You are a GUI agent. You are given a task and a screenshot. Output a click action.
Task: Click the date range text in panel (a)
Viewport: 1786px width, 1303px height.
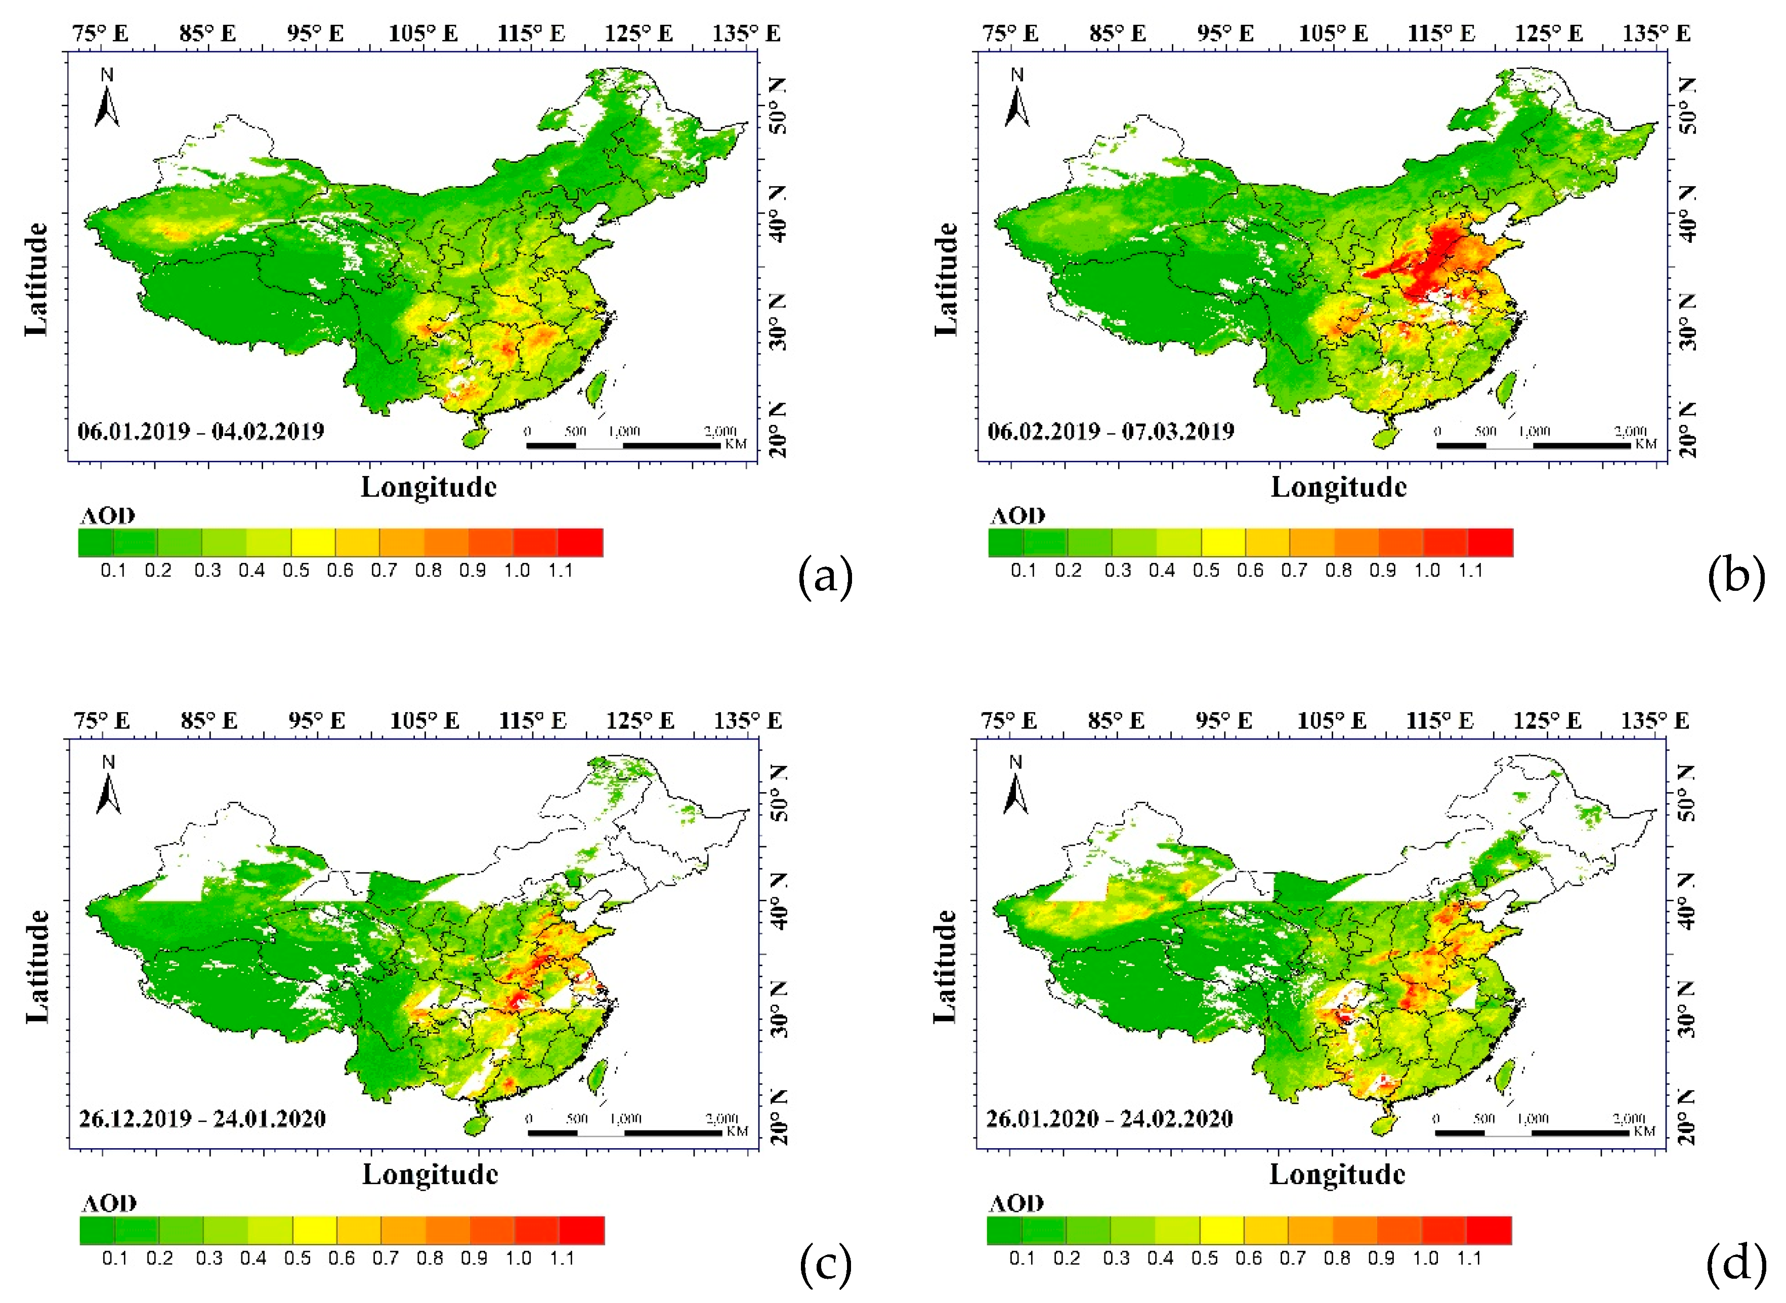201,431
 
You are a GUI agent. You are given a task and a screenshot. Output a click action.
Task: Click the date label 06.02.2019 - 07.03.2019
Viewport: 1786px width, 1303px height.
1111,431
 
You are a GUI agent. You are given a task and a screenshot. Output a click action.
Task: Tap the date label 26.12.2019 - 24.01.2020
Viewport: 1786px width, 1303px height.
203,1118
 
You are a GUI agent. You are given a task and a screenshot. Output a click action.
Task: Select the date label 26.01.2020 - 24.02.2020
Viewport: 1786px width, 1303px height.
1109,1118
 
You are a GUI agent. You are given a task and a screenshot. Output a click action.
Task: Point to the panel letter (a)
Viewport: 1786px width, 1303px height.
825,577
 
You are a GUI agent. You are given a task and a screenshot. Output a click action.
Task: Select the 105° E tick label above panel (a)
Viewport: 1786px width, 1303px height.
423,34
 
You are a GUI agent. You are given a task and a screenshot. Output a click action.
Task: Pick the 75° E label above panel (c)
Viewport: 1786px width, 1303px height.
102,721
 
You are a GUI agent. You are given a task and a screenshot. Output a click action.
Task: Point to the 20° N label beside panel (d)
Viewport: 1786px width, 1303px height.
1687,1121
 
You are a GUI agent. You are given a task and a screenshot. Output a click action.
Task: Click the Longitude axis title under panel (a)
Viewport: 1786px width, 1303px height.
429,488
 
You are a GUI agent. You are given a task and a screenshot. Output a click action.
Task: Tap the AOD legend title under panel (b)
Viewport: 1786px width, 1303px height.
1017,516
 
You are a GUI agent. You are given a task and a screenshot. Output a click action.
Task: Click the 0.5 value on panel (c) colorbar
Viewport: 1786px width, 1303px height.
297,1258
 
